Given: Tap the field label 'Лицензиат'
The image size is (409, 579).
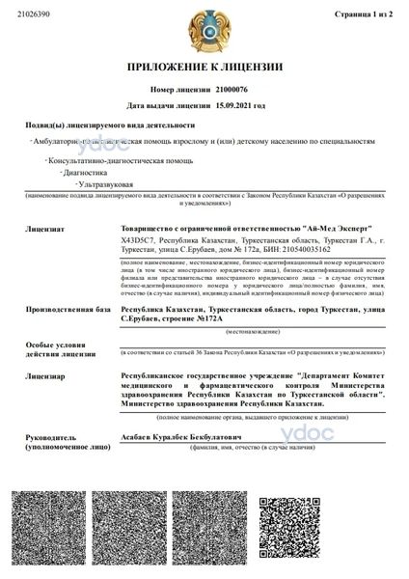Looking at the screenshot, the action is (x=45, y=231).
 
